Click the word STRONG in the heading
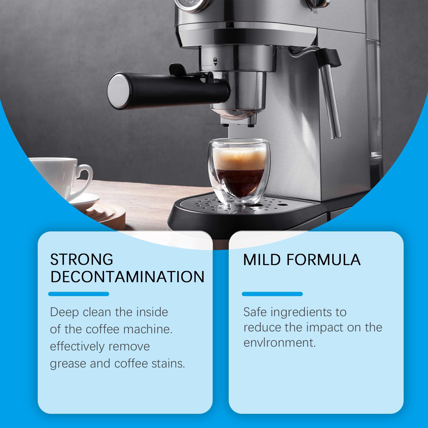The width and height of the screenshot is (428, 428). coord(82,259)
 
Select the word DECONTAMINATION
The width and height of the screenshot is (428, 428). coord(127,277)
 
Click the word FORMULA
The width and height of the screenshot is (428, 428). coord(324,259)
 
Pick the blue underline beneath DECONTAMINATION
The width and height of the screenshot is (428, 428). coord(79,294)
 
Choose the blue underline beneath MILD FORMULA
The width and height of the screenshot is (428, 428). coord(272,294)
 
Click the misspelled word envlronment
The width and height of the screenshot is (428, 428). coord(280,343)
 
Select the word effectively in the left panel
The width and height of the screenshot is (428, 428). coord(77,347)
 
